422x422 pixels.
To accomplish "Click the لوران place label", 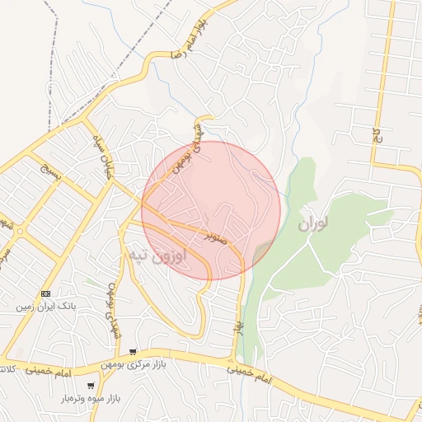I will (x=313, y=223).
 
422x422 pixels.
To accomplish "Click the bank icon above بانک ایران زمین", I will (x=45, y=293).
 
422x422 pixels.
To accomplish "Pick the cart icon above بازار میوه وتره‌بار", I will (x=90, y=385).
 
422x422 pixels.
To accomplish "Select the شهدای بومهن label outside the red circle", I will (x=111, y=302).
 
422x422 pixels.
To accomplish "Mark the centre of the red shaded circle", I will (x=211, y=210).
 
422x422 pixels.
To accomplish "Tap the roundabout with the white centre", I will (x=20, y=232).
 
